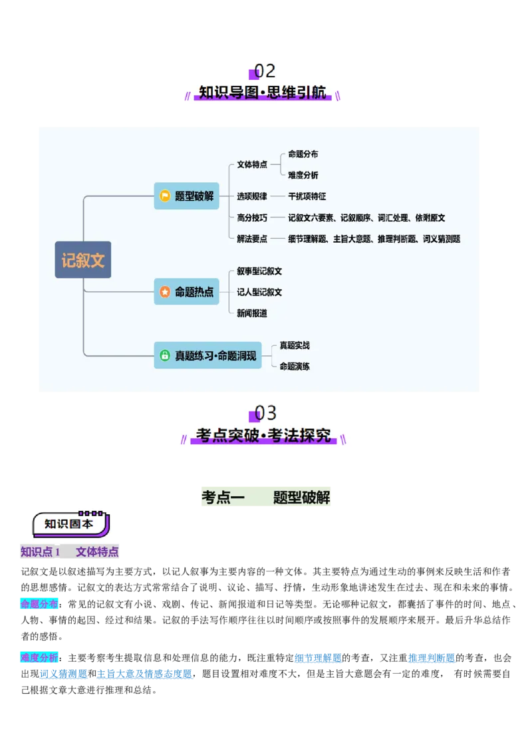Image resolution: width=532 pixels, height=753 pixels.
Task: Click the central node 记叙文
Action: click(83, 259)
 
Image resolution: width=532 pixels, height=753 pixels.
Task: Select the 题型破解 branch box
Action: click(186, 196)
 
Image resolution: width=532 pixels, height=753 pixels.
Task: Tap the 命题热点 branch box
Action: click(186, 292)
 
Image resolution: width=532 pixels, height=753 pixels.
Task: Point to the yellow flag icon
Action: click(165, 196)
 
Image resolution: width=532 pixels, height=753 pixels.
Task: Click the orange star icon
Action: click(165, 292)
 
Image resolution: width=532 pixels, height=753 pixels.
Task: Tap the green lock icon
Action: click(165, 356)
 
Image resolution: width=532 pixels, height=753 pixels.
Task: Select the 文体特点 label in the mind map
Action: click(252, 164)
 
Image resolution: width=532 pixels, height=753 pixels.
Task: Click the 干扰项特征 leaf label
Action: click(307, 196)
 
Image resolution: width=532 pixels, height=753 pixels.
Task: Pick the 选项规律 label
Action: click(252, 196)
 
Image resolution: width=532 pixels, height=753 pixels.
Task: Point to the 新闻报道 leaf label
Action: click(252, 313)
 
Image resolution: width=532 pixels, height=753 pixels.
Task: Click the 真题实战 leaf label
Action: click(295, 345)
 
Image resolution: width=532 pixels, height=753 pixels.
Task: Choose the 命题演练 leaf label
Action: click(295, 367)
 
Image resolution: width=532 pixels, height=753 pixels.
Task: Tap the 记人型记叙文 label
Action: click(259, 292)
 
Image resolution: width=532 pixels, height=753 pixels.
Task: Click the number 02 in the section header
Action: click(265, 71)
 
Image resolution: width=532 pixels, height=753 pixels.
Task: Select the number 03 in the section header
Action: click(265, 413)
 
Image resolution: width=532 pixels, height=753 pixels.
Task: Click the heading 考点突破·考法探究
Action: click(264, 436)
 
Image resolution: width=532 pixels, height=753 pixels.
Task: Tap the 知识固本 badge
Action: click(69, 524)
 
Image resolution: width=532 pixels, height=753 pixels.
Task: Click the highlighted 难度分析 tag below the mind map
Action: click(39, 658)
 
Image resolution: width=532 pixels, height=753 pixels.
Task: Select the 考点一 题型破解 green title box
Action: click(266, 498)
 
